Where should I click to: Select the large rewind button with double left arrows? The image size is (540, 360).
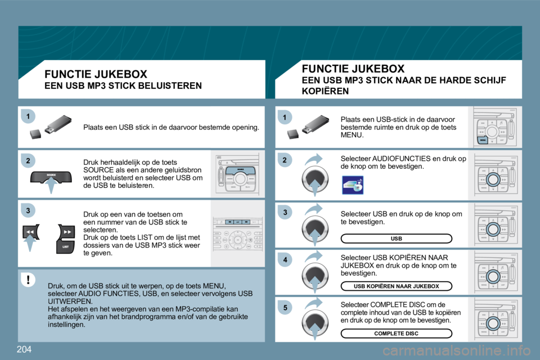pos(31,232)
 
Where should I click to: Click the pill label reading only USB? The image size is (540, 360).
pos(396,238)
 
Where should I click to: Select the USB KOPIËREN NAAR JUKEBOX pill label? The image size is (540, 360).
pos(396,286)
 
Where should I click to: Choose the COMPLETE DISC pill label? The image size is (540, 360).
pos(396,333)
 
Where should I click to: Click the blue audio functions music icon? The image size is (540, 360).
pos(353,184)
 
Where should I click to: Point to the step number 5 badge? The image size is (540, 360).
pos(285,308)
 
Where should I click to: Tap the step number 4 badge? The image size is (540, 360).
pos(285,260)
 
